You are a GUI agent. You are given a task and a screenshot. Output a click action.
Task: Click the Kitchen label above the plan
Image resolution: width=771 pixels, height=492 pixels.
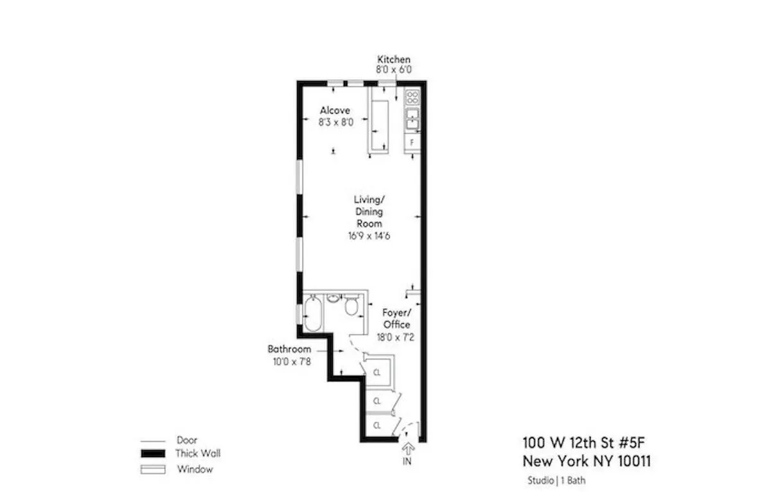[x=393, y=60]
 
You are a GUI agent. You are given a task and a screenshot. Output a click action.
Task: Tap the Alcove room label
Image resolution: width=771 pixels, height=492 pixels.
[x=335, y=111]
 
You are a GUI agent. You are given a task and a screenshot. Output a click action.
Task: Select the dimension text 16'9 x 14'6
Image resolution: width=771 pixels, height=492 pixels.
[x=368, y=235]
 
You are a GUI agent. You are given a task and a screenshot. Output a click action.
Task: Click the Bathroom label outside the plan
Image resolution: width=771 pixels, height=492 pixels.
[x=289, y=349]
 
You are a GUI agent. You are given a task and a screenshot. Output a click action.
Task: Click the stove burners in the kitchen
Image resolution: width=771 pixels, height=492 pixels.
[x=412, y=98]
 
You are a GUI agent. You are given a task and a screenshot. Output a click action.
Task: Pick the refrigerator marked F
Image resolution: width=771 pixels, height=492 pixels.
[x=412, y=141]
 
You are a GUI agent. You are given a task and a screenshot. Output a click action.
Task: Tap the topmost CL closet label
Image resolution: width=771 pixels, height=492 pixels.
[x=378, y=372]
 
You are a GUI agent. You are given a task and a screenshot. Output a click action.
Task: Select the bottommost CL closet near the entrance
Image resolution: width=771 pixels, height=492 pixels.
[x=378, y=425]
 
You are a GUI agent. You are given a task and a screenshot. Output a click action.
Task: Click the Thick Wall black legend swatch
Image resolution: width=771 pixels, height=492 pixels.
[x=153, y=454]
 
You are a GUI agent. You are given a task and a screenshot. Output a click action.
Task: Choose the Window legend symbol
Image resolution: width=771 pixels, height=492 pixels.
[x=153, y=469]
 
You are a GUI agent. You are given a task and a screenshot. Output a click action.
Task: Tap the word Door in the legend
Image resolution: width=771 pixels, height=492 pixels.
[x=187, y=441]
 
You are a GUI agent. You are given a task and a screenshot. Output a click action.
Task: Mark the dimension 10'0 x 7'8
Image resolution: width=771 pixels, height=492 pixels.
[x=289, y=361]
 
